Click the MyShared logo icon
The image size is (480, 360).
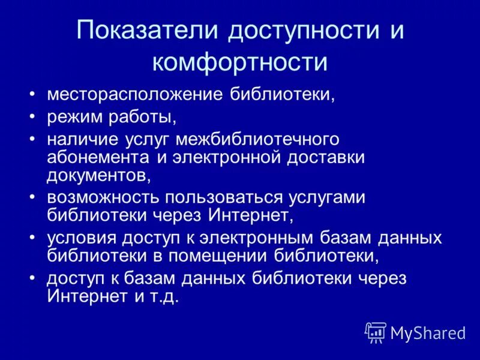click(376, 332)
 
